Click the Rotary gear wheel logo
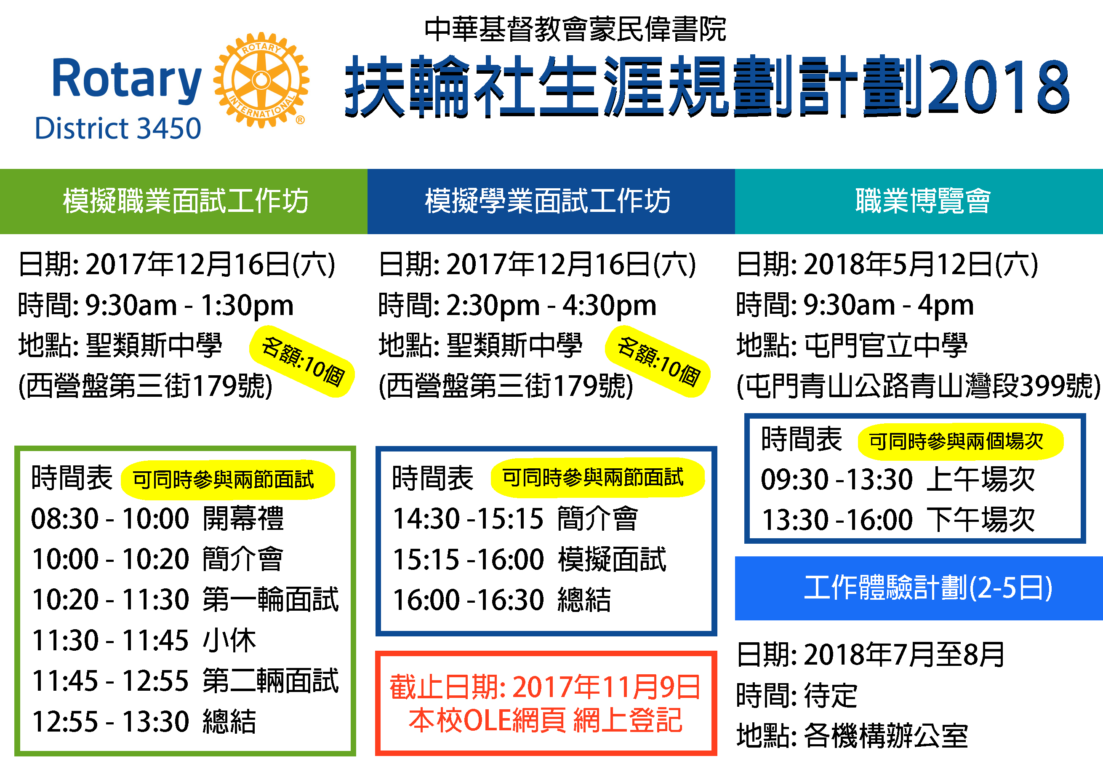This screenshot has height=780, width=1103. point(261,80)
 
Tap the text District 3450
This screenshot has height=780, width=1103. point(118,128)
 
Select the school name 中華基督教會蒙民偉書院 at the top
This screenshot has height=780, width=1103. point(575,29)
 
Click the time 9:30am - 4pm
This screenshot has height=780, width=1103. point(889,305)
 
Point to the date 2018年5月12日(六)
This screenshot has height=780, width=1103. point(921,264)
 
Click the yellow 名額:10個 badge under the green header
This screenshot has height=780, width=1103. point(302,361)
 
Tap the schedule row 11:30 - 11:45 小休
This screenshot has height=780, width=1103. point(144,640)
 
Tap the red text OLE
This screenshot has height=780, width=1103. point(488,721)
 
